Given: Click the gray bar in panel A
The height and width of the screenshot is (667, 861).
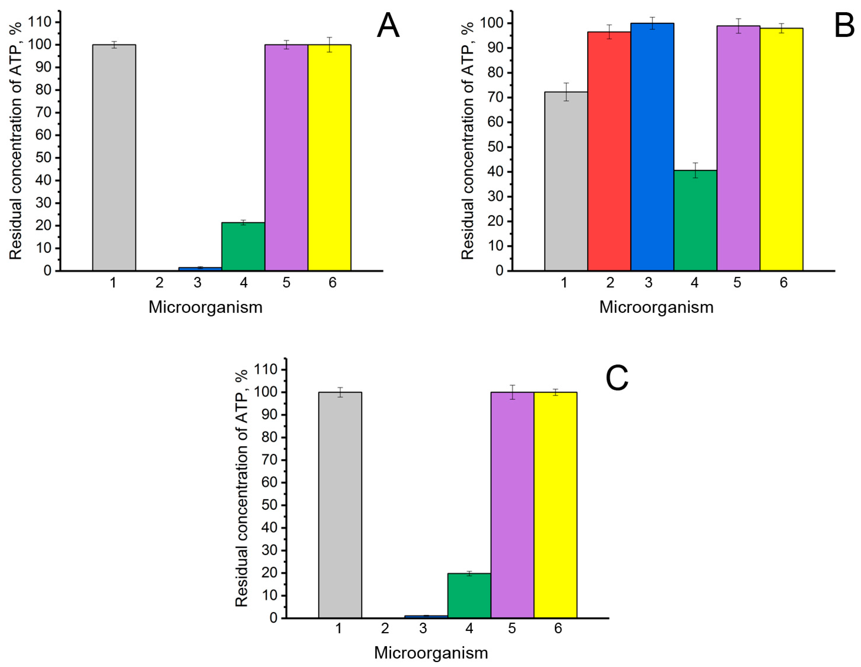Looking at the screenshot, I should pyautogui.click(x=114, y=157).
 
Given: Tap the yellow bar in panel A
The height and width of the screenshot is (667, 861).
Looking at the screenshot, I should pyautogui.click(x=329, y=157).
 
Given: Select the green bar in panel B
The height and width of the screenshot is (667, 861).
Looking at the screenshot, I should pyautogui.click(x=695, y=220).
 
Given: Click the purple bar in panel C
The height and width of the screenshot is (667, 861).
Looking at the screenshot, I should pyautogui.click(x=512, y=505).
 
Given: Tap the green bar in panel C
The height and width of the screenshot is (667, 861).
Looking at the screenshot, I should pyautogui.click(x=469, y=595).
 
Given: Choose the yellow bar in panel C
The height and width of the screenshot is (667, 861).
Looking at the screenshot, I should pyautogui.click(x=555, y=505).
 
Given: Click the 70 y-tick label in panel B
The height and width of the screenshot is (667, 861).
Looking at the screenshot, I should pyautogui.click(x=496, y=98).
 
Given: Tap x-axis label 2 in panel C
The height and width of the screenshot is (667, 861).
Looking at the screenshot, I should pyautogui.click(x=385, y=628).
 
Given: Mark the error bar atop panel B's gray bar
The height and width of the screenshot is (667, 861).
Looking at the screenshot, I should pyautogui.click(x=566, y=92).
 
